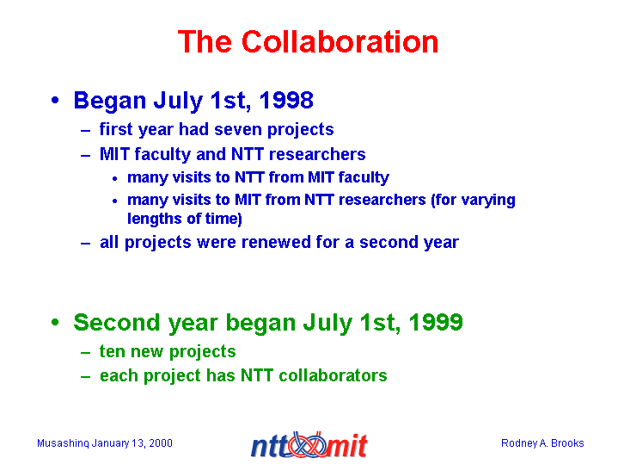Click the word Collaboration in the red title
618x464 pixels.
(340, 41)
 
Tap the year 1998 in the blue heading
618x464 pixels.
(286, 100)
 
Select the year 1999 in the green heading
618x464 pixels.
(436, 322)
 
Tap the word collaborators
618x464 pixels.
(333, 375)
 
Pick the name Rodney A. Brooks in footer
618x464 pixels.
(542, 443)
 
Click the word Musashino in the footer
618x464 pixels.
(63, 443)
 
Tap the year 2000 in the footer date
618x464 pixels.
(161, 443)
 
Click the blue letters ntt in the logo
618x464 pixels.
(271, 446)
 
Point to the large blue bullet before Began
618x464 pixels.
(55, 100)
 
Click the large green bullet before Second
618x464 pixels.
(55, 322)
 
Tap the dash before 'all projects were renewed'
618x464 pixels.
(86, 244)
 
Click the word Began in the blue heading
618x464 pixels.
(110, 101)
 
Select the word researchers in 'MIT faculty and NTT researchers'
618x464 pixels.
(317, 154)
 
